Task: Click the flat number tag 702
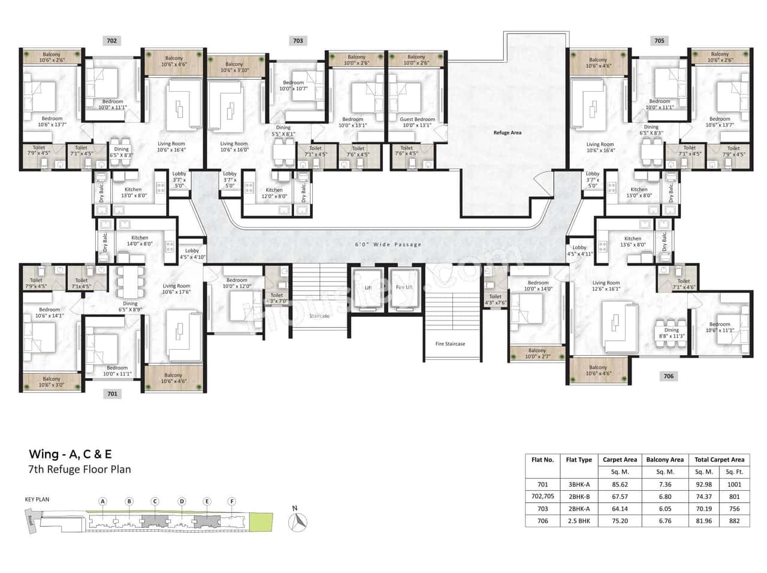tap(111, 41)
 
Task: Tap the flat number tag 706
tap(668, 376)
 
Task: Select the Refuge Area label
tap(507, 133)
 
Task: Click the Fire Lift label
tap(404, 287)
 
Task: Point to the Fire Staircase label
tap(450, 344)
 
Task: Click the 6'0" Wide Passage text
tap(388, 244)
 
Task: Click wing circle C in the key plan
tap(155, 502)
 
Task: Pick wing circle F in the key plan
tap(232, 502)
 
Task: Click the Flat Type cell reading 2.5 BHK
tap(578, 521)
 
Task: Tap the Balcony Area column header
tap(665, 460)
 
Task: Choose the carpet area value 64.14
tap(620, 509)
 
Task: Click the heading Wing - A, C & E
tap(70, 454)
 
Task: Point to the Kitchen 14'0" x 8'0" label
tap(140, 241)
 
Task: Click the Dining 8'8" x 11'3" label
tap(671, 333)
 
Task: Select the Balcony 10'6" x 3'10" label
tap(234, 67)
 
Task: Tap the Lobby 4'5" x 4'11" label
tap(579, 250)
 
